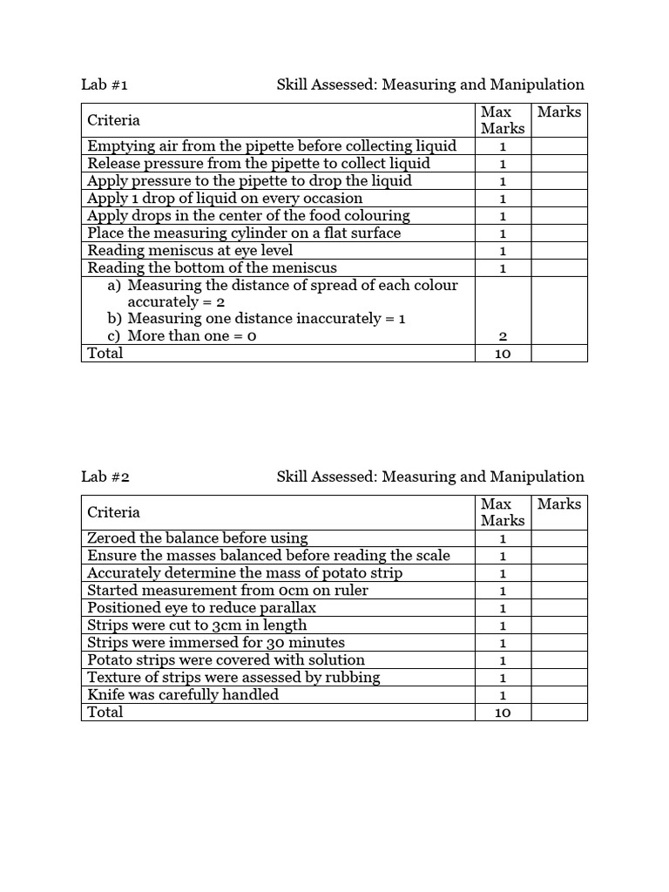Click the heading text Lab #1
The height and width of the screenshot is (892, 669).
pos(105,84)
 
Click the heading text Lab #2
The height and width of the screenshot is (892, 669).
pos(105,476)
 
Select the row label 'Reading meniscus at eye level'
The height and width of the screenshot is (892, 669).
pos(190,251)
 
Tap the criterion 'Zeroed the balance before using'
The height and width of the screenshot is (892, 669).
pos(198,538)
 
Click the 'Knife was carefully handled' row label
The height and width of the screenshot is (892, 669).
pos(183,694)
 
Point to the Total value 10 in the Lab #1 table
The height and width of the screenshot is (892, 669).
pos(502,354)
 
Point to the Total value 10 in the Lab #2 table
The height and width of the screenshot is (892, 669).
pos(502,713)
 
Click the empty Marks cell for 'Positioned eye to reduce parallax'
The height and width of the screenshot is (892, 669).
pos(558,608)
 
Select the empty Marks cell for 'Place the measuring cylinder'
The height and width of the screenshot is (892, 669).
pos(558,233)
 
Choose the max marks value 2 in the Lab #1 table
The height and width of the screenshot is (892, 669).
pos(502,336)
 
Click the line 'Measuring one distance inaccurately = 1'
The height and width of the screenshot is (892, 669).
pos(256,319)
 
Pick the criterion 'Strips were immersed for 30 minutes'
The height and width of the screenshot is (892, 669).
pos(216,643)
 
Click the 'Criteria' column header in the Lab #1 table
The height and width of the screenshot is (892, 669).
pos(113,120)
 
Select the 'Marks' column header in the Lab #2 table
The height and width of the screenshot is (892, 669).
pos(558,504)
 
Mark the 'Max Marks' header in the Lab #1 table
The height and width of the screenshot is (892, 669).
pos(502,120)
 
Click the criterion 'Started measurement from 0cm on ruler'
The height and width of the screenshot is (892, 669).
pos(227,591)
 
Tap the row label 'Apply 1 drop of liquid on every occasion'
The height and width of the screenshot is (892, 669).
pos(225,199)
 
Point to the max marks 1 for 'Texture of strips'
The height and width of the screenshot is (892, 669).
pos(502,678)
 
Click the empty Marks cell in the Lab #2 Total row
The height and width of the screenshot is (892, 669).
pos(558,713)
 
